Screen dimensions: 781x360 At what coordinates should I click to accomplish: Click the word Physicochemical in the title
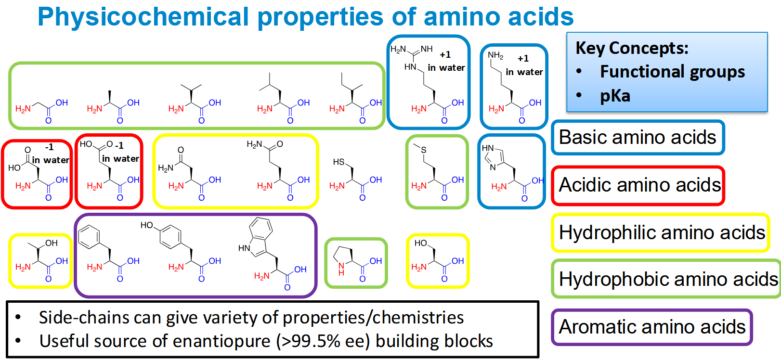143,17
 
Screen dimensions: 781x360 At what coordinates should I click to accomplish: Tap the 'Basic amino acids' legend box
638,137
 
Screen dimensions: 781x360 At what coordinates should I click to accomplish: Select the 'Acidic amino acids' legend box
638,185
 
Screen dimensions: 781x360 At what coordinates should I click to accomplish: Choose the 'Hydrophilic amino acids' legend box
660,232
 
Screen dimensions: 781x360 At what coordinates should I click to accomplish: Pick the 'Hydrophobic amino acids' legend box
666,279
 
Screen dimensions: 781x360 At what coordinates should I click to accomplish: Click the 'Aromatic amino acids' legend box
651,326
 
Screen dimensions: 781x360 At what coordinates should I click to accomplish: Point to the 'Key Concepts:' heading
632,48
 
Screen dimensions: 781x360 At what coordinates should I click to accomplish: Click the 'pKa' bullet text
615,95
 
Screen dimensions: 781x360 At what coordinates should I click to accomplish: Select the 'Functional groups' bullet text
672,71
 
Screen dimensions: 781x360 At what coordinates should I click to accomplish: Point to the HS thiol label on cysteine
338,162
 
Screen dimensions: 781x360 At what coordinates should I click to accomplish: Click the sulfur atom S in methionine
424,150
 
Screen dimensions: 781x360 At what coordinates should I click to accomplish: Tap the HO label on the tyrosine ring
147,225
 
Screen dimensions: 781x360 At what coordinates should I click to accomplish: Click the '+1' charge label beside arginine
445,55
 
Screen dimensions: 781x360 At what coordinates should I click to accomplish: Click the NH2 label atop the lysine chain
495,55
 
